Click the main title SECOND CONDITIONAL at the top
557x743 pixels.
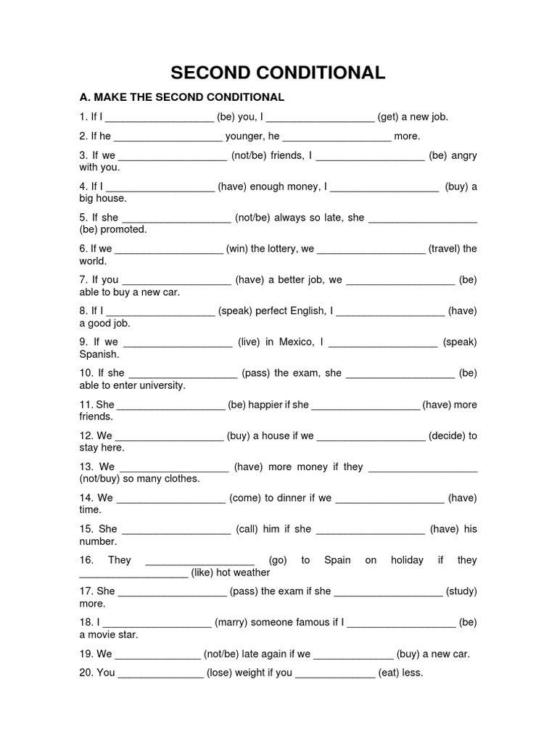278,73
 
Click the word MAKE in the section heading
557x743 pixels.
112,97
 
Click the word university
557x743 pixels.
164,385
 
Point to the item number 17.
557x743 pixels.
86,591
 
